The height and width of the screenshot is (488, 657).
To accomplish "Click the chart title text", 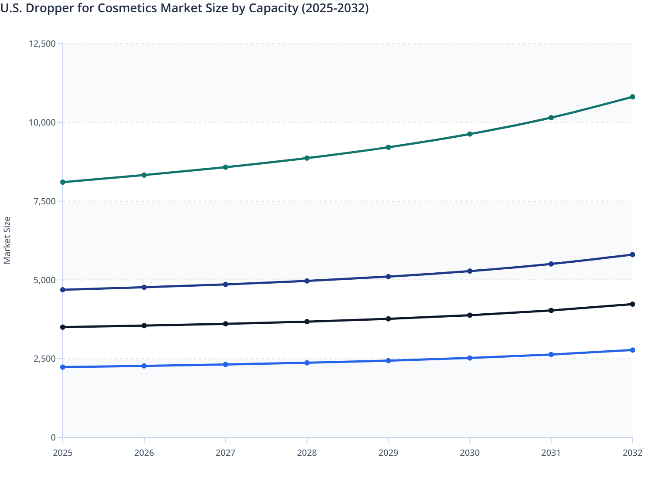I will (x=185, y=8).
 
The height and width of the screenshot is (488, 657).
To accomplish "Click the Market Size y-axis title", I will (x=7, y=240).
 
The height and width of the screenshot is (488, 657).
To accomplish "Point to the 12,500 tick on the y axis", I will (x=42, y=44).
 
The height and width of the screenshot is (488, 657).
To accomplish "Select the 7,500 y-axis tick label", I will (x=44, y=201).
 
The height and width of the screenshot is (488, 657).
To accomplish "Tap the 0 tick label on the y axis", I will (x=53, y=437).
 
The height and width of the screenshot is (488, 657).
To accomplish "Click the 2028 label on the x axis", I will (x=307, y=453).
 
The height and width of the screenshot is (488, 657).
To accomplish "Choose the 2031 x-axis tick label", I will (x=551, y=453).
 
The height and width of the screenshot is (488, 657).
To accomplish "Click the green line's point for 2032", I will (x=633, y=97).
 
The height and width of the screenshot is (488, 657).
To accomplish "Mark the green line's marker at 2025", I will (x=63, y=182).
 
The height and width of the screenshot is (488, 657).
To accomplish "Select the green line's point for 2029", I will (x=388, y=147).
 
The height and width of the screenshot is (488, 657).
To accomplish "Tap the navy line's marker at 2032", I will (x=633, y=254).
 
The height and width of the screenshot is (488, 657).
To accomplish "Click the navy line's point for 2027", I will (x=226, y=285).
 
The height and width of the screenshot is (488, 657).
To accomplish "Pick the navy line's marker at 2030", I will (x=470, y=271).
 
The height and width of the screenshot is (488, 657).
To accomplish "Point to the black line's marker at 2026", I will (x=144, y=325).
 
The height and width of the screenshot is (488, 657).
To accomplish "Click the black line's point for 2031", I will (x=551, y=310).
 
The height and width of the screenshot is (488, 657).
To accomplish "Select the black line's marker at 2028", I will (x=307, y=322).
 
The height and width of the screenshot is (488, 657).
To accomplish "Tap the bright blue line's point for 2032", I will (x=633, y=350).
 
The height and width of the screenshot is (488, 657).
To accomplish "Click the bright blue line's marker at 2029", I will (x=388, y=361).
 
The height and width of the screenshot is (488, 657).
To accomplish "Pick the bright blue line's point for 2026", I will (x=144, y=366).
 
